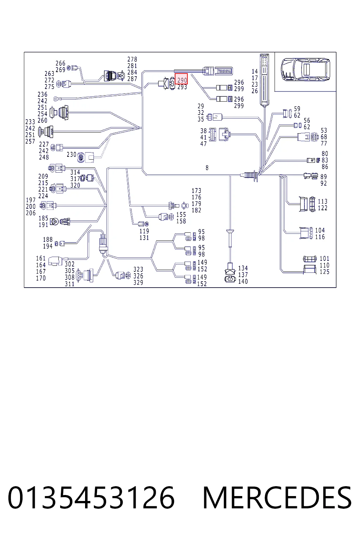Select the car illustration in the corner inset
305,70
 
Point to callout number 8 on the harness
207,168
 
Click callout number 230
71,155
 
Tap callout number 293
182,87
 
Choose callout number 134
243,268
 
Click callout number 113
323,201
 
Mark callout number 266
60,63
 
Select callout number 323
138,269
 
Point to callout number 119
144,231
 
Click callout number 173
196,191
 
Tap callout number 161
41,258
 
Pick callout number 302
70,264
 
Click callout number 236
43,94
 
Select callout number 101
324,258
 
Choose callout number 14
255,71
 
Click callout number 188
48,239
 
